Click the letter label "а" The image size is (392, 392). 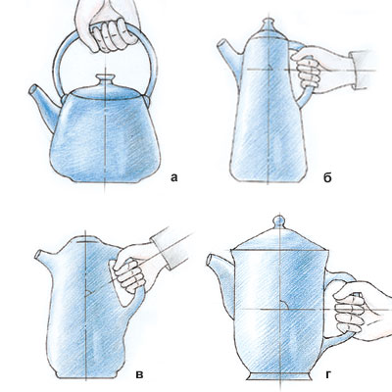pos(174,177)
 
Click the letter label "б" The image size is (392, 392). pos(327,177)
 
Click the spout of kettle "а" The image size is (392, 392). pos(44,105)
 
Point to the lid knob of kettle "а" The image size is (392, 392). pos(105,80)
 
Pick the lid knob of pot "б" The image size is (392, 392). pos(269,24)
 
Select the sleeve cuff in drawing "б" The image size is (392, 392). pos(360,70)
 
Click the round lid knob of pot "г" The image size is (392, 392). pos(278,221)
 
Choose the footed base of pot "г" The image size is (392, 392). pos(278,375)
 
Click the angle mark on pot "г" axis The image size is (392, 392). pos(283,304)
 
